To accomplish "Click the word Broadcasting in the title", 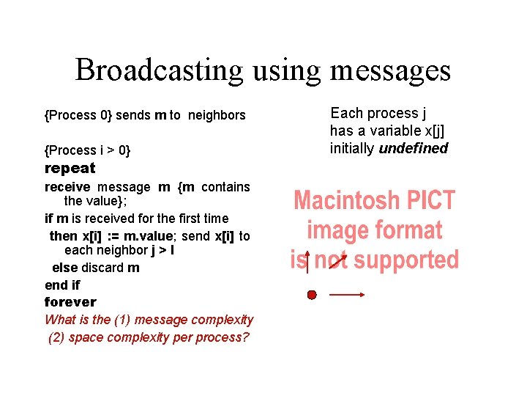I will (x=160, y=71).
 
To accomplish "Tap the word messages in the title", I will (x=390, y=71).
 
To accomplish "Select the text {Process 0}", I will (x=78, y=115).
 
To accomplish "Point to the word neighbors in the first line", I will (x=217, y=115).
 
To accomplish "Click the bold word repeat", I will (x=70, y=168).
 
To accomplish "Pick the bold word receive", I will (x=68, y=187).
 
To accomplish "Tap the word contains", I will (x=225, y=187).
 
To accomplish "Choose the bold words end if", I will (x=62, y=285).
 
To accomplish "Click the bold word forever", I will (x=70, y=301).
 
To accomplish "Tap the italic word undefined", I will (x=414, y=148).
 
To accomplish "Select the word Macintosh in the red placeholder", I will (x=348, y=200).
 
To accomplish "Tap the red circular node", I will (x=312, y=295).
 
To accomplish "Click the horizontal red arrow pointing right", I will (x=347, y=295).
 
